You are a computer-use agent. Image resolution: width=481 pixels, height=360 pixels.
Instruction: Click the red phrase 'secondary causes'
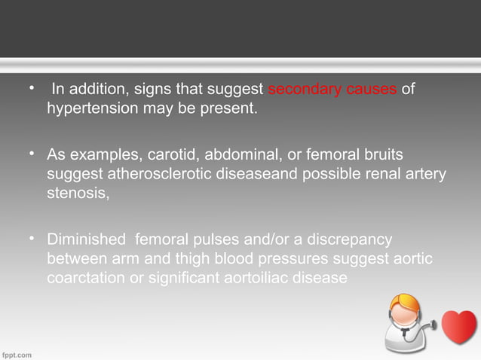332,91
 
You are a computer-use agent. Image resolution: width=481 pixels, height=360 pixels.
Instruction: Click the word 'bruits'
381,155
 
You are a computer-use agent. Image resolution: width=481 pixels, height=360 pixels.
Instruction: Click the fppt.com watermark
17,353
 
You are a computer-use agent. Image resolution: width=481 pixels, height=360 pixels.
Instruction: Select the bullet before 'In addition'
32,90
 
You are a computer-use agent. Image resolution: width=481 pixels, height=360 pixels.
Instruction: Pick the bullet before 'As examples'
32,154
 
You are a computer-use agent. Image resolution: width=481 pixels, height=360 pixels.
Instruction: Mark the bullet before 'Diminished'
32,239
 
